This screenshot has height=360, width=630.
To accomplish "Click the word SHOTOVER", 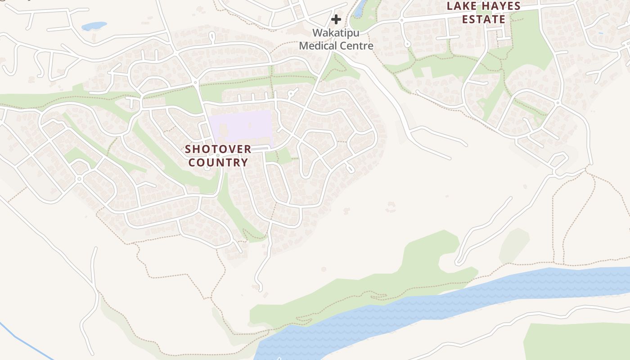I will pyautogui.click(x=218, y=149).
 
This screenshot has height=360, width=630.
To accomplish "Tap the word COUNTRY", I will pyautogui.click(x=218, y=162).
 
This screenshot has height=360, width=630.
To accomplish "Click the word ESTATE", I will pyautogui.click(x=484, y=19).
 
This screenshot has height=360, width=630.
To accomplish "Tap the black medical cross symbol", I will pyautogui.click(x=336, y=19).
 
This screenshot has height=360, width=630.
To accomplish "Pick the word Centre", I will pyautogui.click(x=357, y=45).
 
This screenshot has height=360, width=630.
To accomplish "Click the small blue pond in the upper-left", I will pyautogui.click(x=94, y=26).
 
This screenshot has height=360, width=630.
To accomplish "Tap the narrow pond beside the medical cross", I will pyautogui.click(x=360, y=8).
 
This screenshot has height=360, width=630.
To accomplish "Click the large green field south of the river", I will pyautogui.click(x=576, y=342).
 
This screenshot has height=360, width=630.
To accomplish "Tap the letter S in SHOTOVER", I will pyautogui.click(x=188, y=149).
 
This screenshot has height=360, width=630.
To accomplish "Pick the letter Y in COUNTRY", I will pyautogui.click(x=245, y=162).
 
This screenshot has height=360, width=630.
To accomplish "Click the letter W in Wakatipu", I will pyautogui.click(x=318, y=33).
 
